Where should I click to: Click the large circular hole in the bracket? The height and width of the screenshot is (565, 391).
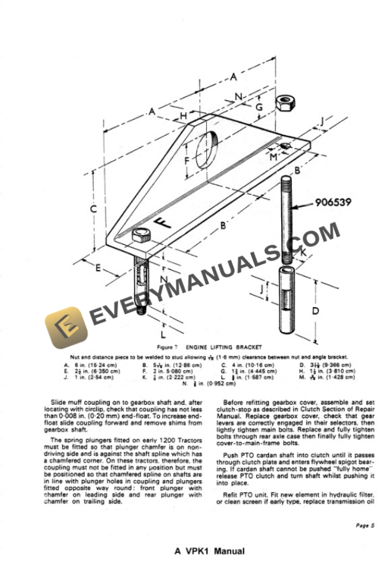[x=209, y=153]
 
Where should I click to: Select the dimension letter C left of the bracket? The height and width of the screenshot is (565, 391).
[x=93, y=209]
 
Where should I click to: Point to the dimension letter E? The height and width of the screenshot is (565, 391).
[x=98, y=267]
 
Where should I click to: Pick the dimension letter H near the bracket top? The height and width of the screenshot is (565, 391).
[x=183, y=116]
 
